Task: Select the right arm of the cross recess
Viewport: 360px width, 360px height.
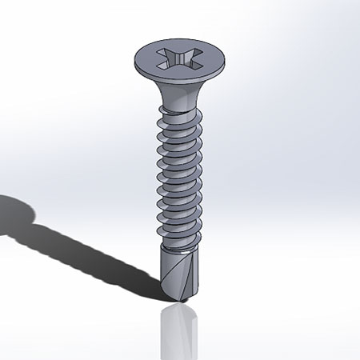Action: click(193, 61)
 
